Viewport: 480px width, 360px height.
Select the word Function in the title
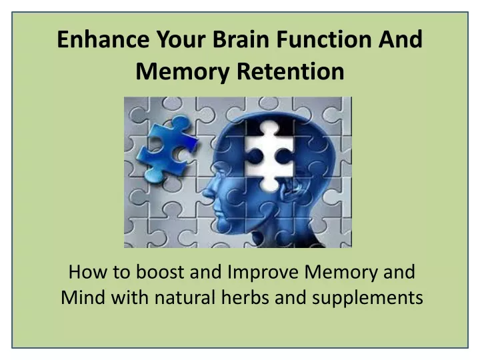tap(332, 39)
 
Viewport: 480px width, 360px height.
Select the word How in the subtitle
tap(85, 273)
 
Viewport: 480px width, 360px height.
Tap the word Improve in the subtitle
tap(265, 273)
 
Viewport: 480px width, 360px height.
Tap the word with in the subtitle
tap(125, 297)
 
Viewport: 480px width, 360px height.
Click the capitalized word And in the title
tap(401, 39)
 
